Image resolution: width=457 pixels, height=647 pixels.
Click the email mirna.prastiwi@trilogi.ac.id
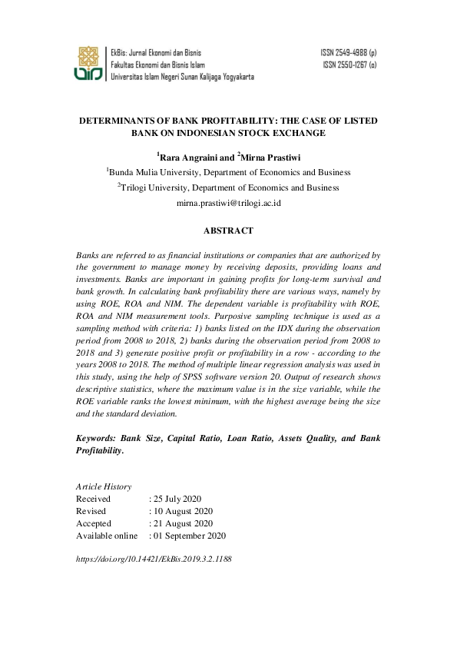coord(228,204)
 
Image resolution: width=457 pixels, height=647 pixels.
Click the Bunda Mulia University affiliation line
coord(228,173)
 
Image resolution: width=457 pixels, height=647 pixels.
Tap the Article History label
coord(104,486)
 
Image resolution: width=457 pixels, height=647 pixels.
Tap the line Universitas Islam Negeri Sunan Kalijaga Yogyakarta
coord(183,77)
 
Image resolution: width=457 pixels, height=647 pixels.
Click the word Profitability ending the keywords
coord(99,451)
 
